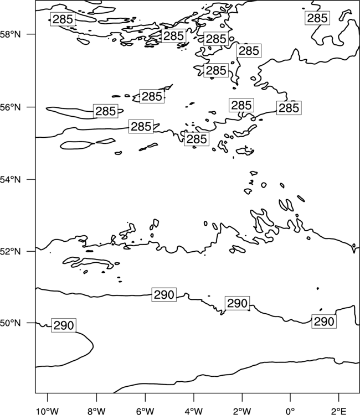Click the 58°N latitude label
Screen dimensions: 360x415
(x=10, y=34)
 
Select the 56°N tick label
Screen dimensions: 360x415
(x=10, y=107)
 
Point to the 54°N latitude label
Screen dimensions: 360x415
(x=10, y=180)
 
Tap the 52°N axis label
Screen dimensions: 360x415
(x=10, y=251)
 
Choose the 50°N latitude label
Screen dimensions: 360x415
(x=10, y=323)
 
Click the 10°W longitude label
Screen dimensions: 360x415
(x=48, y=411)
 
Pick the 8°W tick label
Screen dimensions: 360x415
(x=96, y=411)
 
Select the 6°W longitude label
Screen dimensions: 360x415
(x=145, y=411)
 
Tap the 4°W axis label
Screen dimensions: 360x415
(x=194, y=411)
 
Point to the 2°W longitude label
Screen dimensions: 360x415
(x=242, y=411)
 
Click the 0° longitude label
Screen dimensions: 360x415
(x=290, y=411)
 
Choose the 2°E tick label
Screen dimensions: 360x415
(x=339, y=411)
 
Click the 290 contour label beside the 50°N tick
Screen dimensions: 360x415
(x=64, y=325)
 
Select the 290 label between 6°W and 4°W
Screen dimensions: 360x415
(x=164, y=294)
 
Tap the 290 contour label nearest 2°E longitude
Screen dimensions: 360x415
(x=323, y=321)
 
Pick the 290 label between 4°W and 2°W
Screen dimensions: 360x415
(x=237, y=303)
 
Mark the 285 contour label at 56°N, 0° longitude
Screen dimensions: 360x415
(x=289, y=108)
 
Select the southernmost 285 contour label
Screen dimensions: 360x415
(x=197, y=139)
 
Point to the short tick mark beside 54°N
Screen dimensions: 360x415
(x=31, y=179)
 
